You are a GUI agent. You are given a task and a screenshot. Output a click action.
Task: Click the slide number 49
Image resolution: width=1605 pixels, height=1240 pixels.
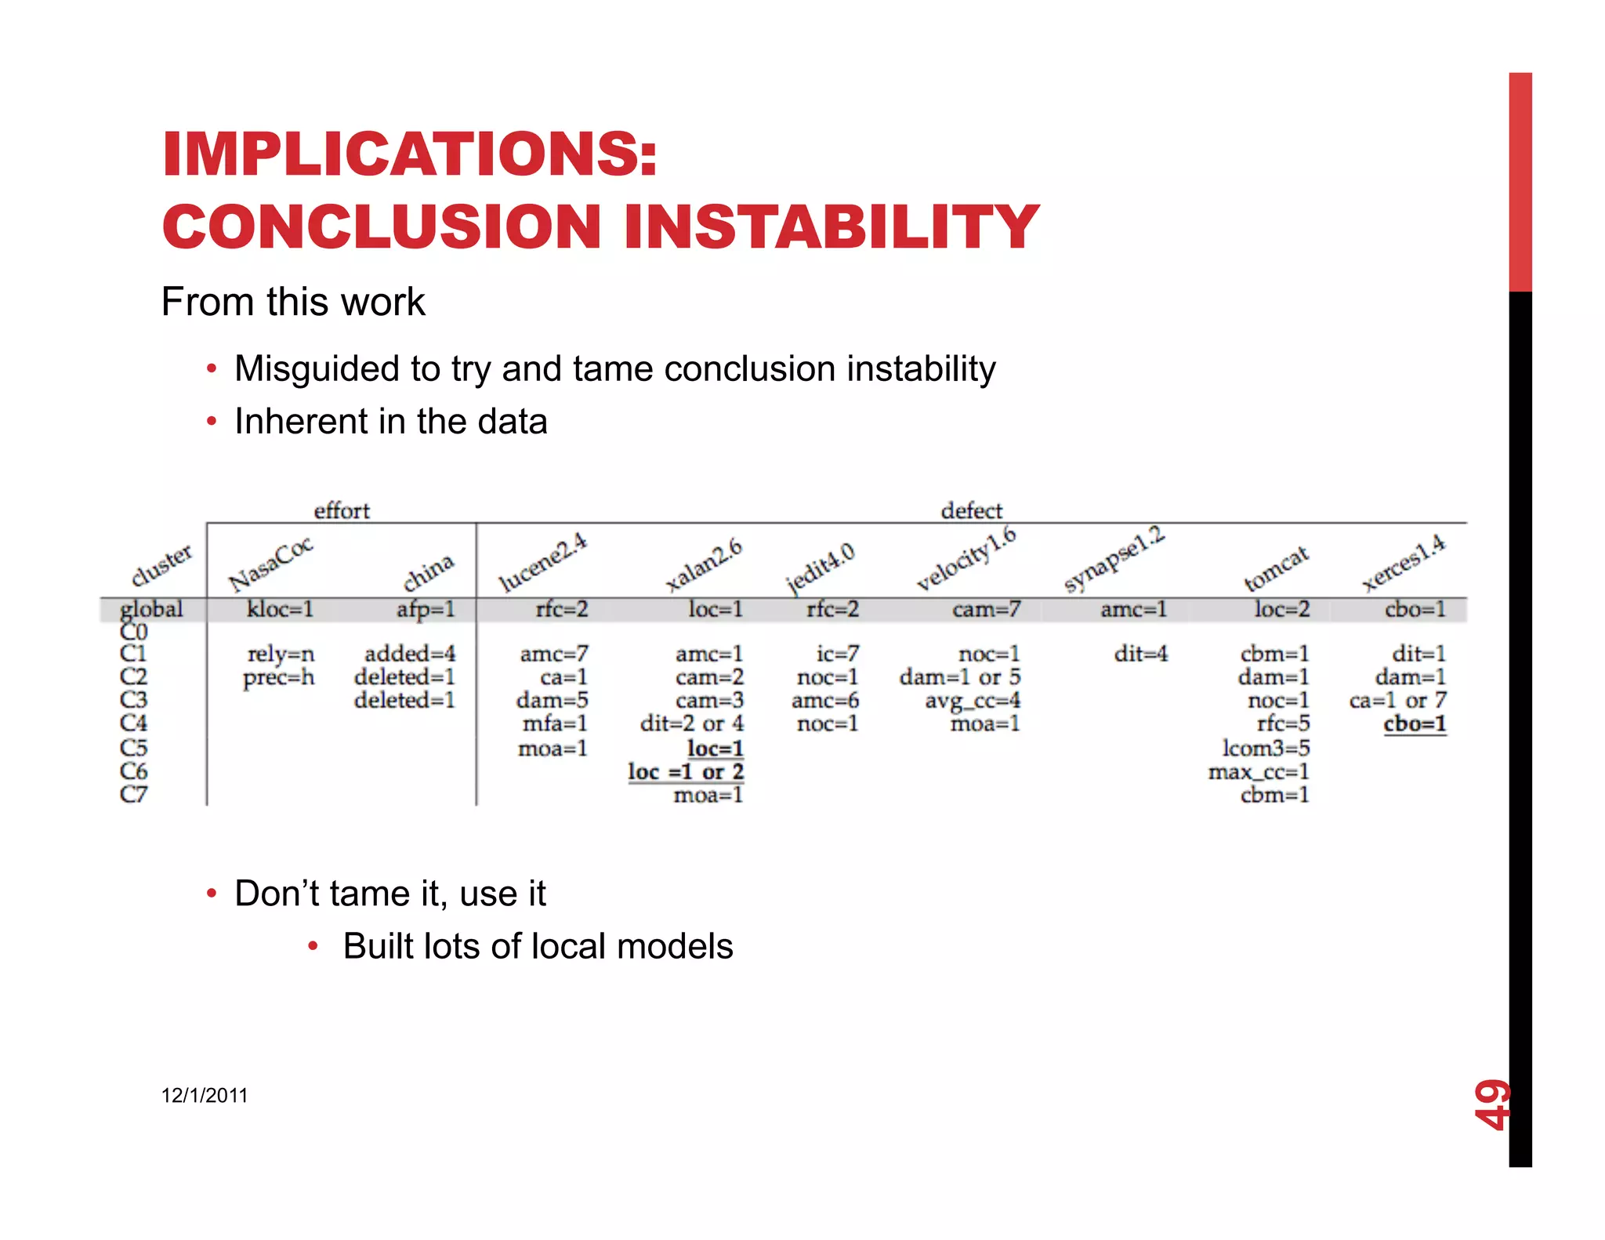(x=1491, y=1104)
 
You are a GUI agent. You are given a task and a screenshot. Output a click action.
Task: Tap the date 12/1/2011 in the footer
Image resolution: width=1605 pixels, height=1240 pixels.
(x=205, y=1095)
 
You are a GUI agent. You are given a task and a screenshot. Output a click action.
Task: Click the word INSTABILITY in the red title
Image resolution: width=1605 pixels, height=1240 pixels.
(x=831, y=227)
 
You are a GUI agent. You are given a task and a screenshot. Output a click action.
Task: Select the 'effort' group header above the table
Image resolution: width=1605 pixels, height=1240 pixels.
(x=341, y=511)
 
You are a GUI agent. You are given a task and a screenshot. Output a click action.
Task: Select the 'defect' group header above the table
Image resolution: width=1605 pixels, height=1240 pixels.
(x=971, y=511)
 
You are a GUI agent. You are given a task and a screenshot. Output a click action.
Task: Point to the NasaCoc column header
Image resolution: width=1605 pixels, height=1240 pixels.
(x=270, y=564)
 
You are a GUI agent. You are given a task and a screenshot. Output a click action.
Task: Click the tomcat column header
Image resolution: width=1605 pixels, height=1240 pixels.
(x=1276, y=568)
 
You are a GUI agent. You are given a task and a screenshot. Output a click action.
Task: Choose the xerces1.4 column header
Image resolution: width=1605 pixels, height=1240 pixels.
(x=1403, y=563)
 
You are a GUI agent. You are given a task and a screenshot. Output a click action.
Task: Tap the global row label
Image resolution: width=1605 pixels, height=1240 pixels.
(x=151, y=609)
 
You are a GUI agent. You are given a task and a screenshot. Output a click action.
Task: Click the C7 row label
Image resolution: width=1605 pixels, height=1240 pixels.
(x=133, y=794)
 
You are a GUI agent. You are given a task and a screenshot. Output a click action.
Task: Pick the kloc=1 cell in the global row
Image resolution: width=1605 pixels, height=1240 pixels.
(x=280, y=609)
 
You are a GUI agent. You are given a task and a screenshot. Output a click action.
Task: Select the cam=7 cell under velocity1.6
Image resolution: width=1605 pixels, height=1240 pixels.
(x=986, y=609)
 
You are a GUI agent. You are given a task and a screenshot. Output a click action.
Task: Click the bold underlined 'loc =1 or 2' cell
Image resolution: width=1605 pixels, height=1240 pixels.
(x=686, y=771)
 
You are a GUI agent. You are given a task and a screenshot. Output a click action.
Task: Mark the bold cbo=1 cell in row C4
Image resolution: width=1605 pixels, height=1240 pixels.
(x=1415, y=723)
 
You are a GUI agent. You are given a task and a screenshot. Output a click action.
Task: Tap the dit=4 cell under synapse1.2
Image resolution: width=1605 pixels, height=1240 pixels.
(x=1140, y=654)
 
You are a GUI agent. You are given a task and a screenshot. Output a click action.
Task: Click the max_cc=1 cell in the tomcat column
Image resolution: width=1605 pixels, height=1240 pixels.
(x=1259, y=771)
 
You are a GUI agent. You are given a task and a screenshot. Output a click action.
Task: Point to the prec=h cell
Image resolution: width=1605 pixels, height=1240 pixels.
(x=278, y=677)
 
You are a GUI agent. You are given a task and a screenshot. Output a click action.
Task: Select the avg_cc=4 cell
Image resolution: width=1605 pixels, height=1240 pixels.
(x=972, y=700)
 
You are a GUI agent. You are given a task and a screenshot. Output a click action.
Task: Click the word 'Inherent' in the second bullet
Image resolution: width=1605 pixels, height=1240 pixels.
(x=301, y=422)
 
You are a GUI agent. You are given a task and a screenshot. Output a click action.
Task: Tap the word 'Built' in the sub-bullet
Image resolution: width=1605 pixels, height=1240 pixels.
(x=377, y=946)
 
